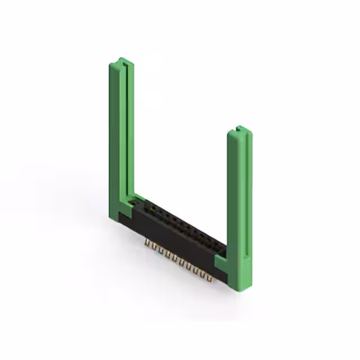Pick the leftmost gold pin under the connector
click(148, 243)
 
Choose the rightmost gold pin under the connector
click(212, 277)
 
